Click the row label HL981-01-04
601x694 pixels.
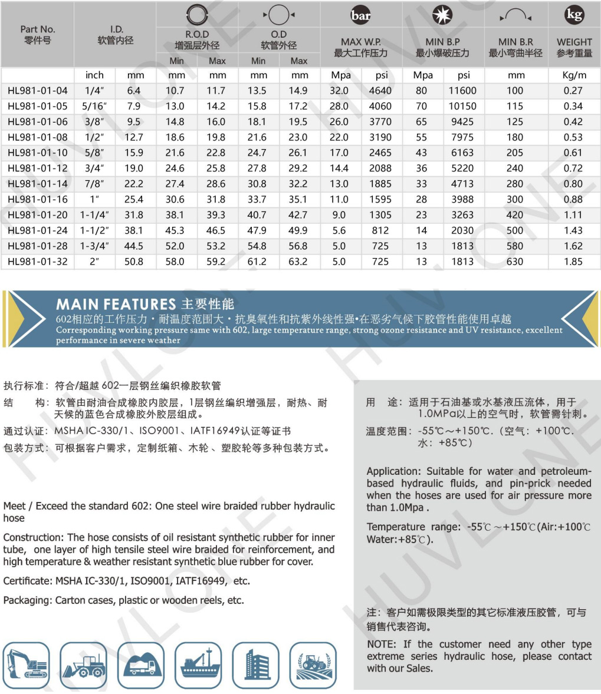pos(38,91)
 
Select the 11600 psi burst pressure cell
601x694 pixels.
pos(462,91)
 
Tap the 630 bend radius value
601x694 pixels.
pos(515,262)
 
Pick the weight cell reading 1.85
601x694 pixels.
pos(573,262)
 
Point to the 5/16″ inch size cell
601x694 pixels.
pos(94,107)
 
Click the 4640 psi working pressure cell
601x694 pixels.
pos(380,91)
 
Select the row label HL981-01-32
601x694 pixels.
pos(38,262)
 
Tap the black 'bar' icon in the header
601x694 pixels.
pos(360,16)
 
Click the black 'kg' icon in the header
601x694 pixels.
pos(574,15)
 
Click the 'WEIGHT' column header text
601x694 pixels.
pos(574,42)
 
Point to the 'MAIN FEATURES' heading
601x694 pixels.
pos(116,305)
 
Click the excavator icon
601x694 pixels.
pos(26,665)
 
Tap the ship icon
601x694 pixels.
pos(198,665)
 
